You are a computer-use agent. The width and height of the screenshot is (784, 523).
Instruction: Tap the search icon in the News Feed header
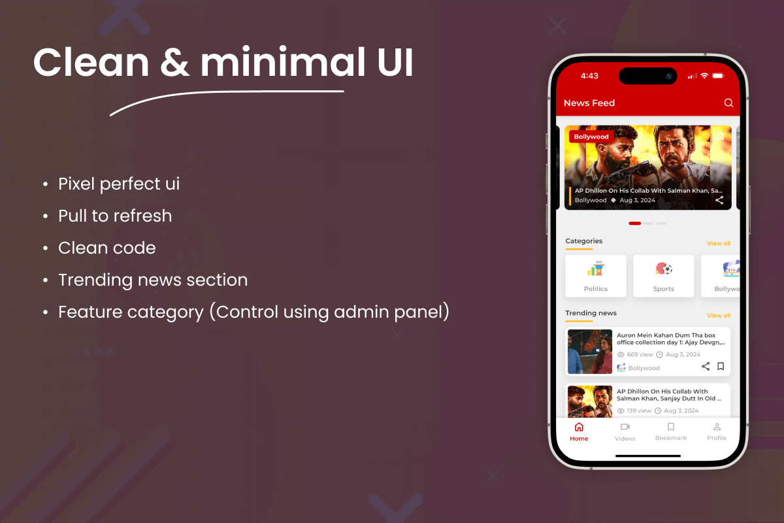[x=728, y=103]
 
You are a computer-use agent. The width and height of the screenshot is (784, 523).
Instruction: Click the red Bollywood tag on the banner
[x=591, y=137]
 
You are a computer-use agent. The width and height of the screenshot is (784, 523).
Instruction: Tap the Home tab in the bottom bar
[x=579, y=431]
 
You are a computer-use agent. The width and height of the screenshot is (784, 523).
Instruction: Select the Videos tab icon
[x=625, y=427]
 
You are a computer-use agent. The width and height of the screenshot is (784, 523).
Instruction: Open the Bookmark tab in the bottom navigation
[x=671, y=431]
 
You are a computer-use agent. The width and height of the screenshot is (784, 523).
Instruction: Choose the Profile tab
[x=717, y=431]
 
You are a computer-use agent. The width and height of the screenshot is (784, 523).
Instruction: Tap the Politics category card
[x=596, y=276]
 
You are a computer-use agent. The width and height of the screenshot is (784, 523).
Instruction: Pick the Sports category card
[x=663, y=276]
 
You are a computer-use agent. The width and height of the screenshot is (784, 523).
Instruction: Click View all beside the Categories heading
[x=719, y=243]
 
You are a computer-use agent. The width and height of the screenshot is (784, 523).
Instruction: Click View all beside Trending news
[x=719, y=315]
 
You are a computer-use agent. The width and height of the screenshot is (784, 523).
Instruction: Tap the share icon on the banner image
[x=719, y=200]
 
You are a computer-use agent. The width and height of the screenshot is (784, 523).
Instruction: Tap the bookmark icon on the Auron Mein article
[x=721, y=367]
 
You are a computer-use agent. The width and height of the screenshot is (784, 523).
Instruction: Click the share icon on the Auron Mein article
[x=706, y=367]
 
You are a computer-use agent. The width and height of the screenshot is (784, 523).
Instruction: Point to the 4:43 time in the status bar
[x=589, y=76]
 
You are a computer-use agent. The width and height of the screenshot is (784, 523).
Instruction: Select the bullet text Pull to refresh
[x=115, y=216]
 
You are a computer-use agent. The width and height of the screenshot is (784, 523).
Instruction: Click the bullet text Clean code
[x=107, y=248]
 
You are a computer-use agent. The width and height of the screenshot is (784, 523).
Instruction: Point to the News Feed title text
[x=589, y=103]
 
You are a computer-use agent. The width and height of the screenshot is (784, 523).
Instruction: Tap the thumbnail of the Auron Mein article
[x=590, y=352]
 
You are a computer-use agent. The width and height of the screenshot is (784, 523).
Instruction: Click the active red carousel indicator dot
[x=634, y=224]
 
